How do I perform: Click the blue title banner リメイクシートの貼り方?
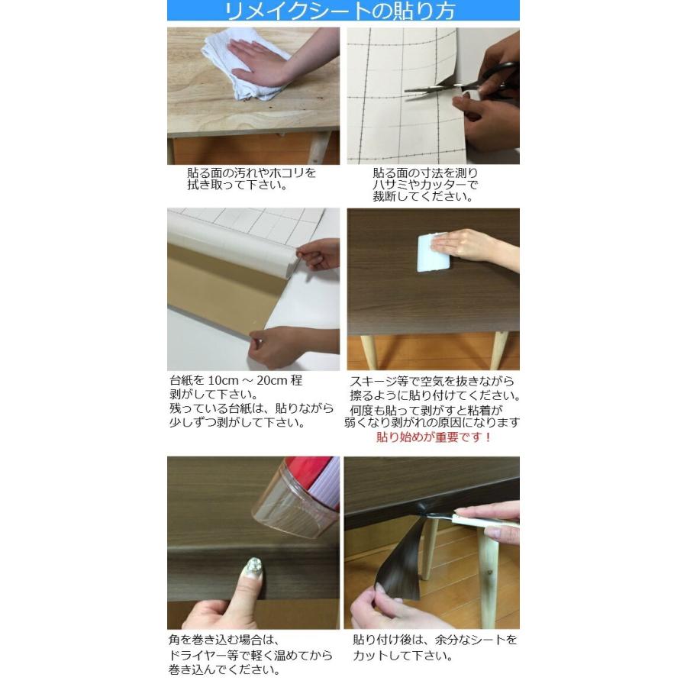pyautogui.click(x=343, y=11)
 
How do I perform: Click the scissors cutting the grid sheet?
pyautogui.click(x=458, y=84)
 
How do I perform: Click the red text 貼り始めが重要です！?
pyautogui.click(x=434, y=437)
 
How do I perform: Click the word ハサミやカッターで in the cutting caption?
pyautogui.click(x=426, y=185)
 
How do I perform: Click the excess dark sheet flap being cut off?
pyautogui.click(x=401, y=561)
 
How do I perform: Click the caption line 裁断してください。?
pyautogui.click(x=422, y=197)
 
